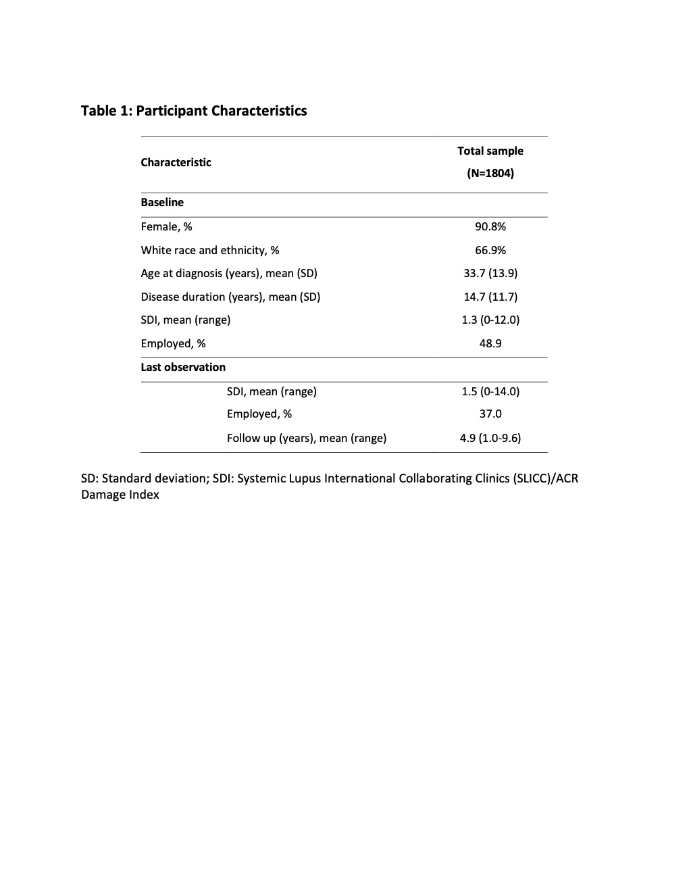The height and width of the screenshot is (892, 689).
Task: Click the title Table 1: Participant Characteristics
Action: [194, 111]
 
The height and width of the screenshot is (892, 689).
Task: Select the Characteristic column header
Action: [176, 162]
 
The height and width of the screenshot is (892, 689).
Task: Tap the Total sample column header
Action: [490, 151]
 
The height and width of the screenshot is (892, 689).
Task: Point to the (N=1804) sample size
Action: [490, 173]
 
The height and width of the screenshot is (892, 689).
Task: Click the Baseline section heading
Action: [162, 202]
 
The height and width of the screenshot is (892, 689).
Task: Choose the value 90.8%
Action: [490, 226]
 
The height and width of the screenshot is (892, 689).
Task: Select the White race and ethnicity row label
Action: [210, 250]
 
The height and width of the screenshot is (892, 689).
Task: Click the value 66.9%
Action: [490, 250]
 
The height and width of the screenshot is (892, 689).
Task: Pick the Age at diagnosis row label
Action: [229, 273]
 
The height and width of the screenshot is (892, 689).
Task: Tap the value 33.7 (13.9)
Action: [490, 273]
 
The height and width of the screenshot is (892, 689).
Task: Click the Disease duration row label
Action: [230, 297]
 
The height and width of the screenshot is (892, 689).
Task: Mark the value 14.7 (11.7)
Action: [490, 297]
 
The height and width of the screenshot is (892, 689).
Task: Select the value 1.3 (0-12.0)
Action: [490, 320]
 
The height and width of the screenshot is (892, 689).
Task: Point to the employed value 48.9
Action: [490, 343]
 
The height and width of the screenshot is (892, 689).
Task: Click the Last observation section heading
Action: [183, 367]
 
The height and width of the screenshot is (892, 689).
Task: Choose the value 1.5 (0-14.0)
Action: [490, 391]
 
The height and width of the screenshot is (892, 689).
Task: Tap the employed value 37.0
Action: [490, 414]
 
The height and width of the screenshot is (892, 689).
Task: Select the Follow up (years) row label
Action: [307, 438]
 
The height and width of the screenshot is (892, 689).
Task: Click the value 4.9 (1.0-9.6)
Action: [490, 438]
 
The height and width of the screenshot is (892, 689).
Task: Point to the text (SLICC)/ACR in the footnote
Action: [545, 478]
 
